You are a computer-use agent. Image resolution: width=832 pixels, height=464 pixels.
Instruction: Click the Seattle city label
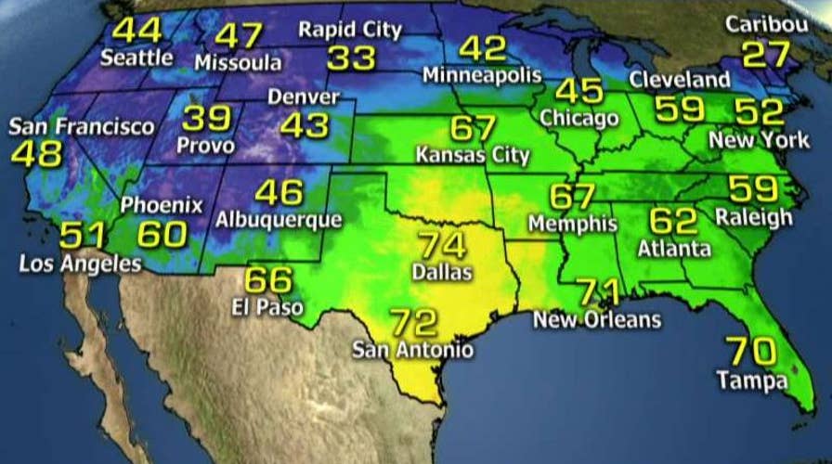tap(136, 58)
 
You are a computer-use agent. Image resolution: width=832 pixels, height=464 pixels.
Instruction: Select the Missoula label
tap(239, 62)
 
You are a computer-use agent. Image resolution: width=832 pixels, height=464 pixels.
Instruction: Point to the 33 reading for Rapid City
tap(350, 58)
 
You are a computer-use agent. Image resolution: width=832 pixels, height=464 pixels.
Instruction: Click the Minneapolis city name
tap(482, 74)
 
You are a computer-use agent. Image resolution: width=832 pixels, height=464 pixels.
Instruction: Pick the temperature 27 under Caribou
tap(766, 54)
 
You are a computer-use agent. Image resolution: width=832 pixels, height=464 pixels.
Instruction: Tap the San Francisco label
tap(82, 126)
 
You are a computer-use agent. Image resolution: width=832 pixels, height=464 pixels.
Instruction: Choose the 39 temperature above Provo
tap(206, 118)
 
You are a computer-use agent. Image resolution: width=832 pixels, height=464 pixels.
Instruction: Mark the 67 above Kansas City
tap(473, 128)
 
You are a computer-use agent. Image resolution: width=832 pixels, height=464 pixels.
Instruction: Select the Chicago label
tap(578, 119)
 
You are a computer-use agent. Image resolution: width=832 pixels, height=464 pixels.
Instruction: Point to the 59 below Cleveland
tap(680, 110)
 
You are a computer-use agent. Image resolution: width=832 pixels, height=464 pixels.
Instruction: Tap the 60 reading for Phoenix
tap(162, 235)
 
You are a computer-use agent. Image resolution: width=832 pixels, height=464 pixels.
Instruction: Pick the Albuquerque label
tap(278, 221)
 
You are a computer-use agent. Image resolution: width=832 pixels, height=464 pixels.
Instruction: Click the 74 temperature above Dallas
tap(442, 247)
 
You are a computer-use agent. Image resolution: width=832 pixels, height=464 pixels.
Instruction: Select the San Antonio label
tap(412, 350)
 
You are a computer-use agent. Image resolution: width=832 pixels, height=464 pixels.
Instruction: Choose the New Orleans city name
tap(596, 320)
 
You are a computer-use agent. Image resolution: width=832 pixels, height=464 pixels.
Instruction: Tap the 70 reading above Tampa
tap(751, 352)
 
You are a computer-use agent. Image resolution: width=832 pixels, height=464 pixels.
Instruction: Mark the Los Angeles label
tap(80, 264)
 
